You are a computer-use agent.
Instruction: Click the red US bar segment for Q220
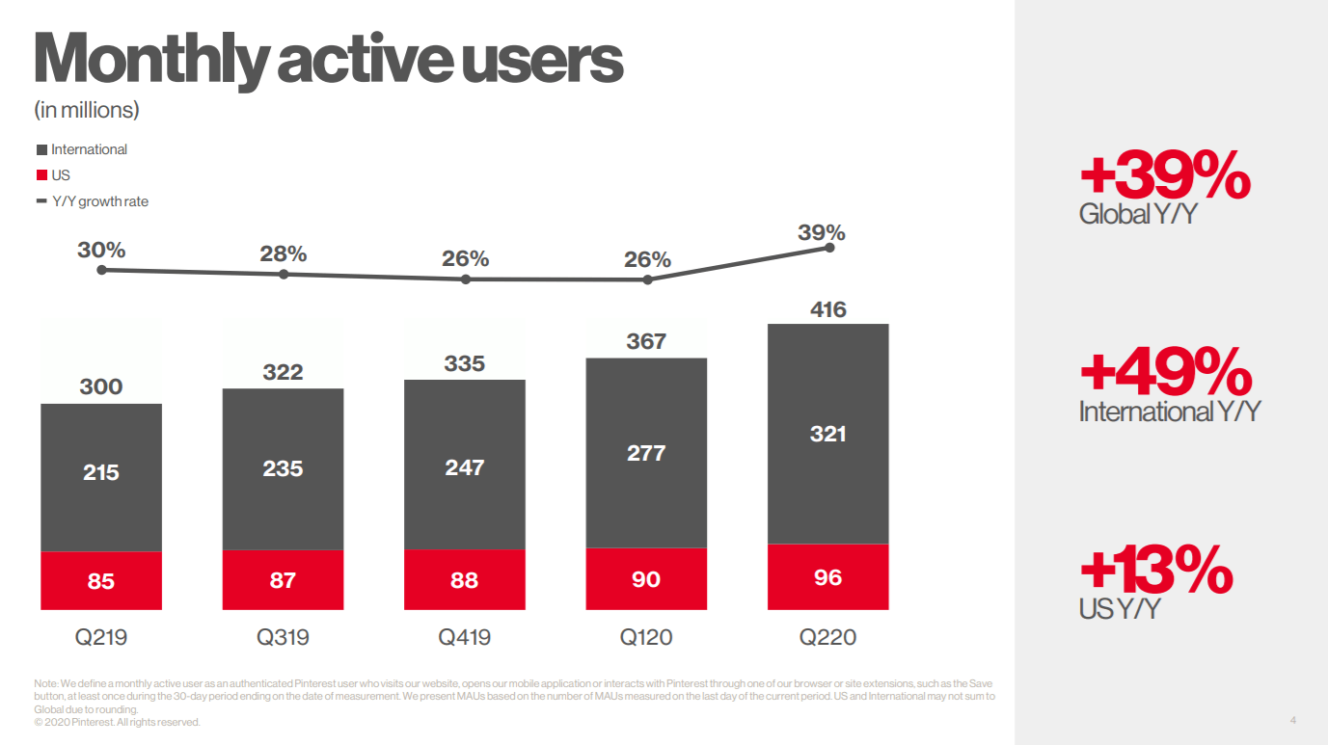827,576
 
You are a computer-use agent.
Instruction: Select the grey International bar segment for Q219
101,478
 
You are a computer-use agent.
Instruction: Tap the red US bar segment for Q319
283,579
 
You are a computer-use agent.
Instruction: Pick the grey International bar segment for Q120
646,453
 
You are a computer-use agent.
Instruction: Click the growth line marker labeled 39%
830,248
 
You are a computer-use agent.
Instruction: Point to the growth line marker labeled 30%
102,270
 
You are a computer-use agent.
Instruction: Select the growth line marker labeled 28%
284,275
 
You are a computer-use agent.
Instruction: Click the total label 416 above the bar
828,309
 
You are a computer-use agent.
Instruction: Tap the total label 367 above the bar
646,341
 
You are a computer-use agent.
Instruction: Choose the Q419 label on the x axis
464,637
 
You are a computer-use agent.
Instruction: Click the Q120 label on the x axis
645,637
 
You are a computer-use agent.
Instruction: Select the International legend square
41,149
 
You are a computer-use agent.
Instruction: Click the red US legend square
41,175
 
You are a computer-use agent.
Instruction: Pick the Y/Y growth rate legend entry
93,201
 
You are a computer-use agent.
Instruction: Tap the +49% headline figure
1166,372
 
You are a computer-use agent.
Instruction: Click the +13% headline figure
1156,570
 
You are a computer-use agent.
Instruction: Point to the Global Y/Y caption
1138,214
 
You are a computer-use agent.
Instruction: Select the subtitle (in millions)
87,110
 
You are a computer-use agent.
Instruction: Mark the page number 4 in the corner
1293,720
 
